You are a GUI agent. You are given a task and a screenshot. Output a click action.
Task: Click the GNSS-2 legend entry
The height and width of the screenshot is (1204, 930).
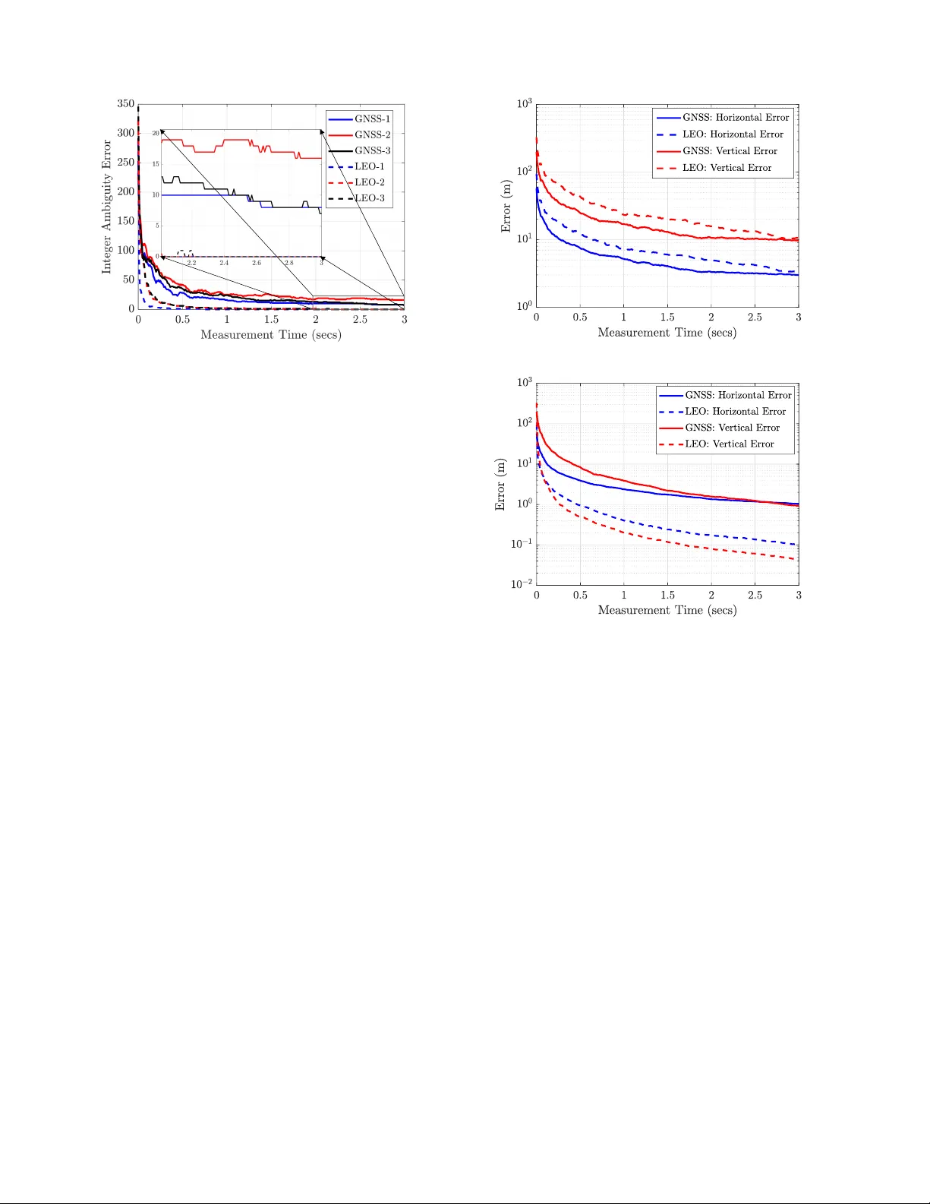(372, 134)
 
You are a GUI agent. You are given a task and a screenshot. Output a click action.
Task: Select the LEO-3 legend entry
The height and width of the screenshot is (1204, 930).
(370, 198)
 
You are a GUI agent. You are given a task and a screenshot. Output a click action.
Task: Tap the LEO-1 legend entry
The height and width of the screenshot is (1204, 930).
(370, 166)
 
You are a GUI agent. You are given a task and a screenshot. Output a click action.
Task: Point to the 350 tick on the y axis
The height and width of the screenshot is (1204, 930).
(125, 104)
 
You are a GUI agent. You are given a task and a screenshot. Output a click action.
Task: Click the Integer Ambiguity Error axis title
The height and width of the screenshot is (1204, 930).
(107, 207)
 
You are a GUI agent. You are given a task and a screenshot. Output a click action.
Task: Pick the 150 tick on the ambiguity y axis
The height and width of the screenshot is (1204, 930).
(125, 221)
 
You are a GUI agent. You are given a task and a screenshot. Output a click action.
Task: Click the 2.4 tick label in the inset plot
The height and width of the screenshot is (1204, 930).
(224, 263)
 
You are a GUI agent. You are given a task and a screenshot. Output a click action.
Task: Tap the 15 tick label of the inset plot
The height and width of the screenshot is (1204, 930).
(156, 164)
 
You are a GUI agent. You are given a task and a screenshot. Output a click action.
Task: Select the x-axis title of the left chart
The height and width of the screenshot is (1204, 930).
(270, 335)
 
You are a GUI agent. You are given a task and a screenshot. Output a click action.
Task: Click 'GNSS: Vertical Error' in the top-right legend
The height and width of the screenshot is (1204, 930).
(730, 151)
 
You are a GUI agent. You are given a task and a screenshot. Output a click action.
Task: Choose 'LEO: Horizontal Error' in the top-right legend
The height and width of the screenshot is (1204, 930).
(733, 134)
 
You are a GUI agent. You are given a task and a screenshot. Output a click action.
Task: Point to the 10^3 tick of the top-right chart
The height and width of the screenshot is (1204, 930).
(525, 103)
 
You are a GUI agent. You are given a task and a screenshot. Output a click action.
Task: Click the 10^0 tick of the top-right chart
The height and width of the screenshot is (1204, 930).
(525, 306)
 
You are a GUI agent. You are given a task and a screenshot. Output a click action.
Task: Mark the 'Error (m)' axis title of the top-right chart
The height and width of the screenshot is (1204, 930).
(506, 207)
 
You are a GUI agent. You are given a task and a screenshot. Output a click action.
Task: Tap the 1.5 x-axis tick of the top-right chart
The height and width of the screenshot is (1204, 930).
(667, 317)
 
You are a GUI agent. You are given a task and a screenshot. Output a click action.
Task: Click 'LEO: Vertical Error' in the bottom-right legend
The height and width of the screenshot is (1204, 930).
(730, 444)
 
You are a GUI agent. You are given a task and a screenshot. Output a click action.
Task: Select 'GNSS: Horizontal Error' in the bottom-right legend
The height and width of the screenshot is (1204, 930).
(738, 395)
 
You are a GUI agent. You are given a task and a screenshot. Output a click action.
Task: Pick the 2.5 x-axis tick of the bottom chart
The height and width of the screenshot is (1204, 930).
(755, 595)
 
